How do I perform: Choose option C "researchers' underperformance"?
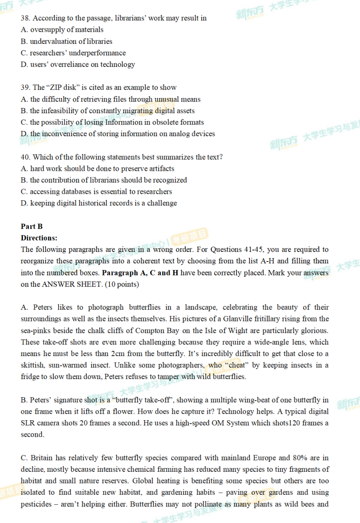click(73, 53)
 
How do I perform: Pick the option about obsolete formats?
click(112, 122)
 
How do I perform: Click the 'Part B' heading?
click(32, 226)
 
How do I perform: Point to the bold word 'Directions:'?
click(39, 238)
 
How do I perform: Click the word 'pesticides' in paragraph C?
click(37, 504)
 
